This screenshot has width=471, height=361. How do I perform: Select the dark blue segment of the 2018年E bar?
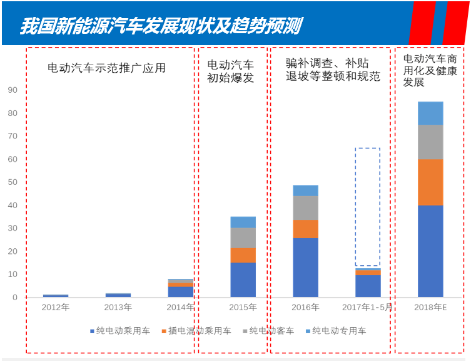tap(430, 251)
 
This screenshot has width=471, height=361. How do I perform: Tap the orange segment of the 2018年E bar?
tap(430, 182)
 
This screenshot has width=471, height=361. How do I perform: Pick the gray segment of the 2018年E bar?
tap(430, 142)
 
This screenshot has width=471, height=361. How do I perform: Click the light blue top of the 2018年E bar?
tap(430, 113)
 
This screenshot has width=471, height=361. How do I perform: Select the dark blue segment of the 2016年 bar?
tap(305, 267)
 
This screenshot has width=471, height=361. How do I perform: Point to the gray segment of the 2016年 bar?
tap(305, 207)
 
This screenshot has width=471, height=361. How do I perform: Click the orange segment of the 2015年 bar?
tap(243, 255)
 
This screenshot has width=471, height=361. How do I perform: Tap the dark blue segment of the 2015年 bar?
tap(243, 280)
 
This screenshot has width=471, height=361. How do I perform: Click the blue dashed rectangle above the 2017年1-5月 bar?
tap(368, 207)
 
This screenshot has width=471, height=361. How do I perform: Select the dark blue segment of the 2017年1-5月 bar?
tap(368, 286)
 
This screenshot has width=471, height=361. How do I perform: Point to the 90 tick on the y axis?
tap(13, 90)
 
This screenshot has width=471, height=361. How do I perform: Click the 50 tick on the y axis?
tap(13, 182)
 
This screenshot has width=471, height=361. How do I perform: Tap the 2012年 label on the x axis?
tap(56, 307)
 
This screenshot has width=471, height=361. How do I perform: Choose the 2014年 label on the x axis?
tap(181, 307)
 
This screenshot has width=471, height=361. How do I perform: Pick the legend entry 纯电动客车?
tap(271, 330)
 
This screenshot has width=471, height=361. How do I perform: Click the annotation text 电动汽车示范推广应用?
tap(107, 68)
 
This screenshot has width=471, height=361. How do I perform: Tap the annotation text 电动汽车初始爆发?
tap(231, 71)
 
